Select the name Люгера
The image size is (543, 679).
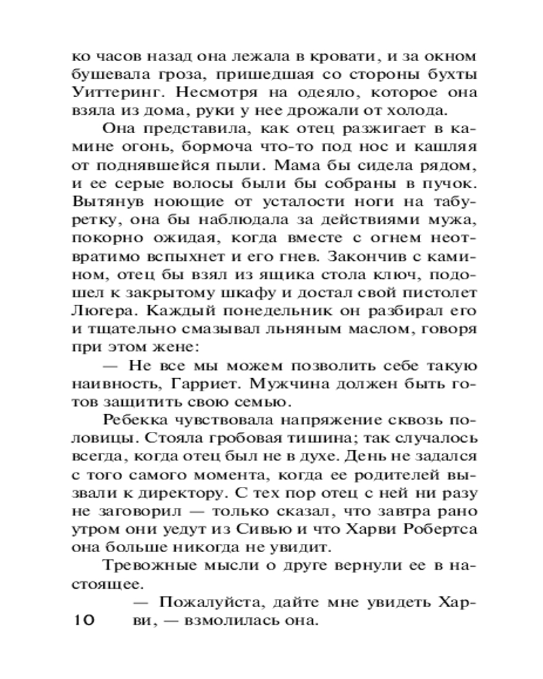click(99, 314)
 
